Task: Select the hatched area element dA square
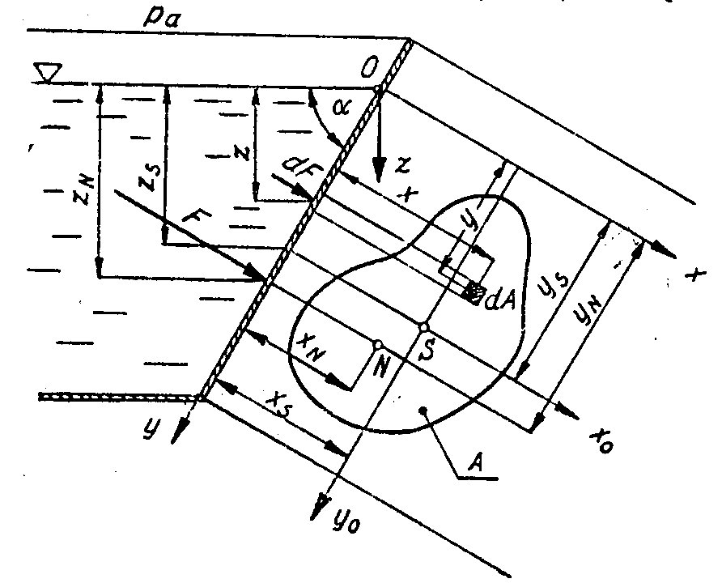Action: click(475, 293)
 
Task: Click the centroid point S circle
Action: click(423, 326)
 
